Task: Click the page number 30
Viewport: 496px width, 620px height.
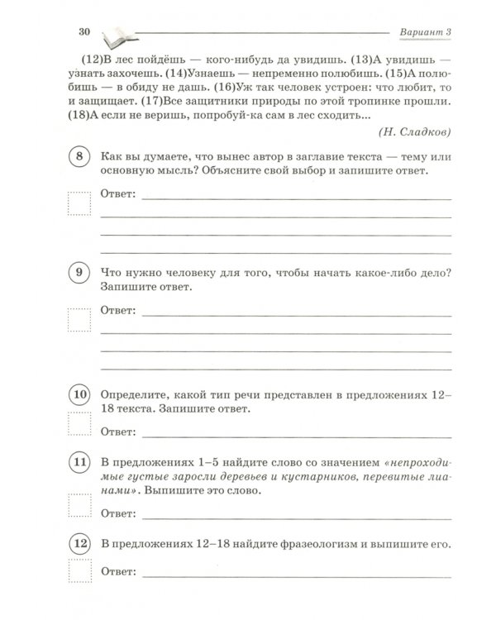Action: click(x=83, y=31)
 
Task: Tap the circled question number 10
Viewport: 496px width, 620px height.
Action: click(x=79, y=395)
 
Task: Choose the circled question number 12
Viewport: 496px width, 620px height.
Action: click(x=79, y=544)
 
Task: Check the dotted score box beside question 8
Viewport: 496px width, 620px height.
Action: click(x=79, y=203)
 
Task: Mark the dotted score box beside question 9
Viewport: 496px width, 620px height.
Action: click(x=79, y=319)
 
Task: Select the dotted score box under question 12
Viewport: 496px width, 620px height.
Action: click(x=79, y=575)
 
